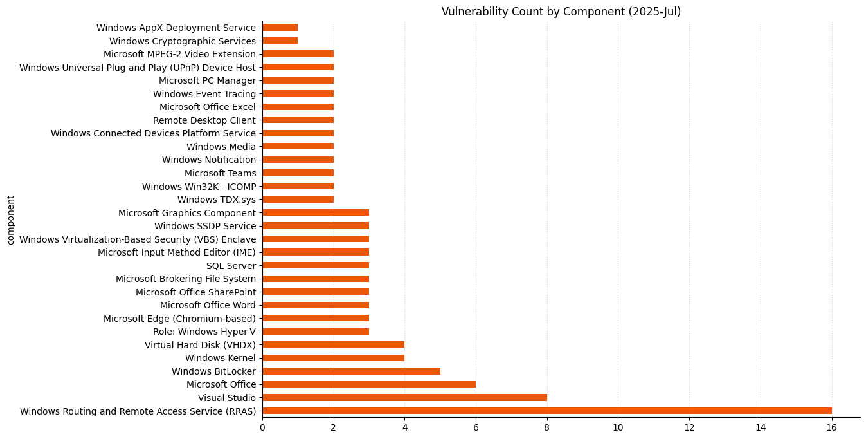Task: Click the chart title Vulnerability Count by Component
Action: coord(561,12)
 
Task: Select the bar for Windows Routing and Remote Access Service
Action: coord(546,411)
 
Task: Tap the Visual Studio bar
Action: coord(404,398)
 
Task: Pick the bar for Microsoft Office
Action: coord(369,384)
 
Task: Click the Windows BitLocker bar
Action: coord(351,371)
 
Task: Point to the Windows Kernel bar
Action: coord(333,358)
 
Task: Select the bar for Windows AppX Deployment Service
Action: coord(280,28)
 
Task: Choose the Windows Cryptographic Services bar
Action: coord(280,41)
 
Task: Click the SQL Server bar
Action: coord(316,265)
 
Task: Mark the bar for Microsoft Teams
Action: coord(298,173)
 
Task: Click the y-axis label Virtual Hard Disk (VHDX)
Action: coord(200,345)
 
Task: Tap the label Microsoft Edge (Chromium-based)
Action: coord(179,319)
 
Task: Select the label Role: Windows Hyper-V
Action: coord(204,332)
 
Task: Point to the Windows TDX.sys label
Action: coord(216,200)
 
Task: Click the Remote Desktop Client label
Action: coord(204,120)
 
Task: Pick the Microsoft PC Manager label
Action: coord(207,80)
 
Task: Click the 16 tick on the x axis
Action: coord(831,427)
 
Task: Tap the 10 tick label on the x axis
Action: coord(618,427)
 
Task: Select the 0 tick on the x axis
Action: coord(262,427)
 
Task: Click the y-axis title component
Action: coord(10,219)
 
